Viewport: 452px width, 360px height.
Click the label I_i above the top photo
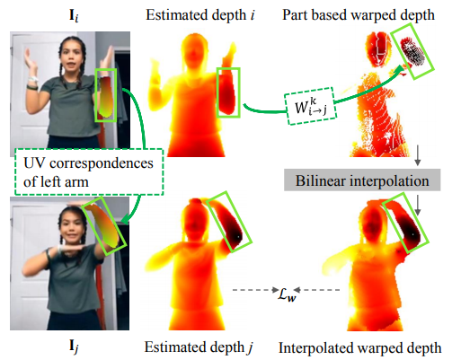pos(74,16)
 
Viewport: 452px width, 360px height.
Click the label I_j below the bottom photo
pos(74,347)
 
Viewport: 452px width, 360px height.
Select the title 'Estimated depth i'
pos(200,15)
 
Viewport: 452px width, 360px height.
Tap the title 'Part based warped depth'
pos(359,15)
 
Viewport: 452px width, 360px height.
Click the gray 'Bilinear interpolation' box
pos(362,180)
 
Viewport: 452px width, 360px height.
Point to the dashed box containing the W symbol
pos(311,106)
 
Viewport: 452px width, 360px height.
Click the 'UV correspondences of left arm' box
pos(89,172)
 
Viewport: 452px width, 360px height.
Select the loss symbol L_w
pos(287,293)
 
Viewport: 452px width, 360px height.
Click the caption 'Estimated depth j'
pos(199,347)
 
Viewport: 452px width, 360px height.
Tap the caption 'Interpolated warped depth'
pos(359,347)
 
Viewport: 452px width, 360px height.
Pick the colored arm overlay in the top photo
pos(105,96)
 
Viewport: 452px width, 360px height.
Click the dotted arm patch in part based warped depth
pos(413,51)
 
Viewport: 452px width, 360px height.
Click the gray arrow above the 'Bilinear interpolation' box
pos(418,155)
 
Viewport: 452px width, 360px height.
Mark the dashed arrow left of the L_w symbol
pos(256,290)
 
